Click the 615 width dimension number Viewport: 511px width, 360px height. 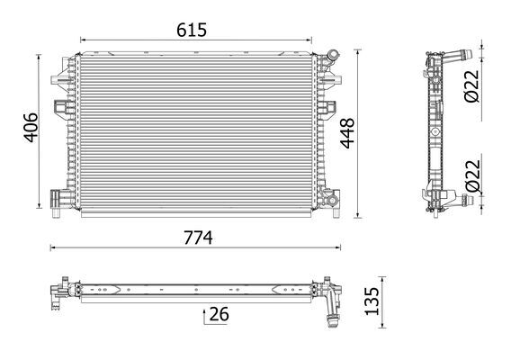(x=192, y=29)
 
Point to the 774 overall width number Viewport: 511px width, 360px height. (x=198, y=238)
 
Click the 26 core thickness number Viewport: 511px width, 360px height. (x=219, y=314)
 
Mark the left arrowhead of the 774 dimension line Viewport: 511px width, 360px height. (x=52, y=248)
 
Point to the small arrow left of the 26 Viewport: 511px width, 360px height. (x=206, y=314)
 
